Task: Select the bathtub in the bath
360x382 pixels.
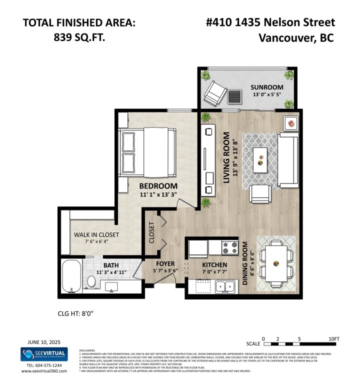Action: point(71,277)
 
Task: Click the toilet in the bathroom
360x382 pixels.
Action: point(91,281)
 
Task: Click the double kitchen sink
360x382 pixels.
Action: point(226,286)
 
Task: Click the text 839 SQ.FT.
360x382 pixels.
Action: point(78,38)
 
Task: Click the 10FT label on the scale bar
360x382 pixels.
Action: point(334,338)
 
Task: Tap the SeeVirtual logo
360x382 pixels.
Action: point(43,354)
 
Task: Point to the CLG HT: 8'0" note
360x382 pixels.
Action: point(76,314)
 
